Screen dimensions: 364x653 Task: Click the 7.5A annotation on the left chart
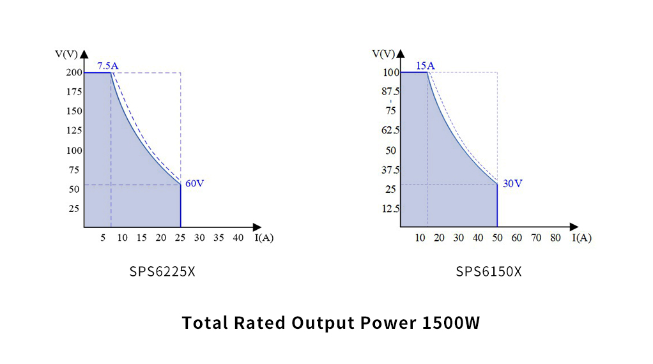point(109,65)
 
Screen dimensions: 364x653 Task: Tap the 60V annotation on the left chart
point(194,183)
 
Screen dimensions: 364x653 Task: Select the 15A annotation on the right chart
point(425,65)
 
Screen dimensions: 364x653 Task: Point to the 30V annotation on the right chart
point(512,183)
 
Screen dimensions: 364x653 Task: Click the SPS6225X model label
point(162,271)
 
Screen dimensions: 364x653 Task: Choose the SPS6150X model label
point(489,271)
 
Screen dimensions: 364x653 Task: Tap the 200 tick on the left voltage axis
point(73,72)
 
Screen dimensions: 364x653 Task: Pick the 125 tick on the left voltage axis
point(73,130)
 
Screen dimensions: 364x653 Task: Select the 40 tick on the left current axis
point(238,238)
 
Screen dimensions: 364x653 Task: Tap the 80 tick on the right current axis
point(555,238)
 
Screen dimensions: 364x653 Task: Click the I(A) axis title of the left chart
point(265,238)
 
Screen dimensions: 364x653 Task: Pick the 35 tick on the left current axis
point(219,238)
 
